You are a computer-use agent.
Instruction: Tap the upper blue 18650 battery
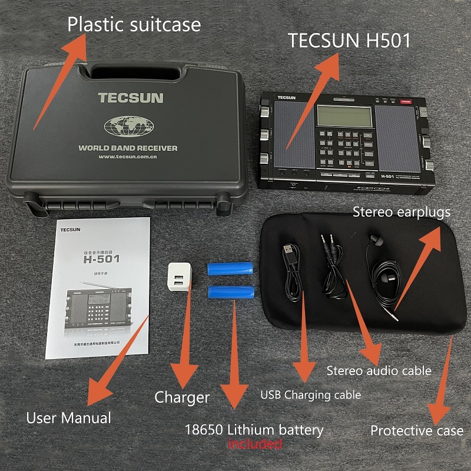pos(230,268)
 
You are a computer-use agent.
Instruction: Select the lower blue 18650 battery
pos(231,293)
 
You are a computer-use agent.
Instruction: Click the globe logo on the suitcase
pos(128,124)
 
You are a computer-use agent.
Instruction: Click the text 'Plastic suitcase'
pos(134,25)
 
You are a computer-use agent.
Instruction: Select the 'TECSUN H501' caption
pos(349,40)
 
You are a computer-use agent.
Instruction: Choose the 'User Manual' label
pos(68,419)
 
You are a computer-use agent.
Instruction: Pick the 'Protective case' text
pos(416,431)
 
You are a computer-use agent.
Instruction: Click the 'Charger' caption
pos(182,397)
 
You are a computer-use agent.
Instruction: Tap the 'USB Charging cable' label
pos(310,394)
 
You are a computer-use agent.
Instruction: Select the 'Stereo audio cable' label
pos(379,371)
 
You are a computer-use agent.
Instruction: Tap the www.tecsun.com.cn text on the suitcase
pos(131,157)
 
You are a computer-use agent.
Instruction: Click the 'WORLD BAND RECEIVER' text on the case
pos(128,148)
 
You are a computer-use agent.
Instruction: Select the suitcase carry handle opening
pos(130,73)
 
